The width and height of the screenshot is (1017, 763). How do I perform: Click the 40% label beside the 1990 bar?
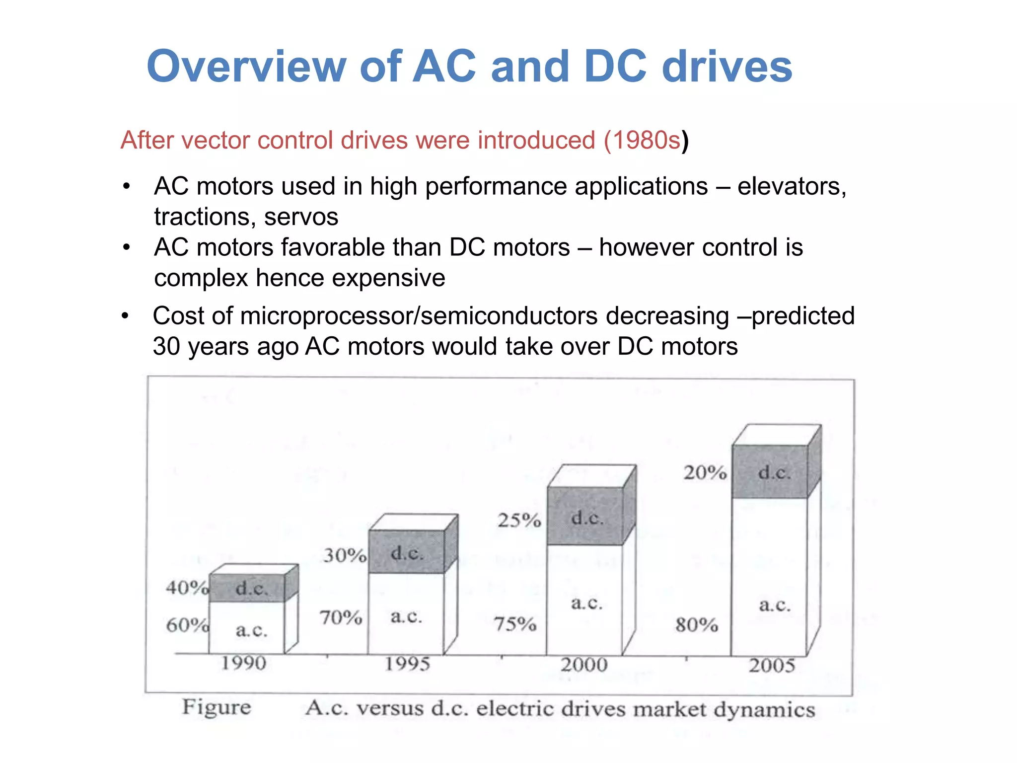[187, 588]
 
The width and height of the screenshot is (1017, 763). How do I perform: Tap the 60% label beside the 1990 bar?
[187, 625]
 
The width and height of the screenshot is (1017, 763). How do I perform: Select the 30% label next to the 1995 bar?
[345, 555]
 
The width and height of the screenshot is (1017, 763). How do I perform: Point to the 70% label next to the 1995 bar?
[341, 617]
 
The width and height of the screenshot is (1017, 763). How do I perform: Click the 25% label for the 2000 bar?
[519, 520]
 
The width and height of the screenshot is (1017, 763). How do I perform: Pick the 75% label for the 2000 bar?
[515, 624]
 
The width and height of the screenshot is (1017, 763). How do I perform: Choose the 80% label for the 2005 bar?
[697, 624]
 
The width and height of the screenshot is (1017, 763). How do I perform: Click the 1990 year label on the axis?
[243, 663]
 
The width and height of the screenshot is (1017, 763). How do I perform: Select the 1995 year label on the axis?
[407, 664]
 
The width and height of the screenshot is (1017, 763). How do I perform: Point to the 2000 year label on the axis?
[584, 665]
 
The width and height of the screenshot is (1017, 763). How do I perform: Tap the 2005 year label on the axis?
[772, 666]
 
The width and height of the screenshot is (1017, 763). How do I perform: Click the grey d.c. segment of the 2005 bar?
[770, 472]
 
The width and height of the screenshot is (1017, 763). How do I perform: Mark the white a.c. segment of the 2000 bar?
[584, 601]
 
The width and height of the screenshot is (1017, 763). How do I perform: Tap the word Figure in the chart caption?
[217, 707]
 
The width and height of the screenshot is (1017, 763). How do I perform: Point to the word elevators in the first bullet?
[792, 187]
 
